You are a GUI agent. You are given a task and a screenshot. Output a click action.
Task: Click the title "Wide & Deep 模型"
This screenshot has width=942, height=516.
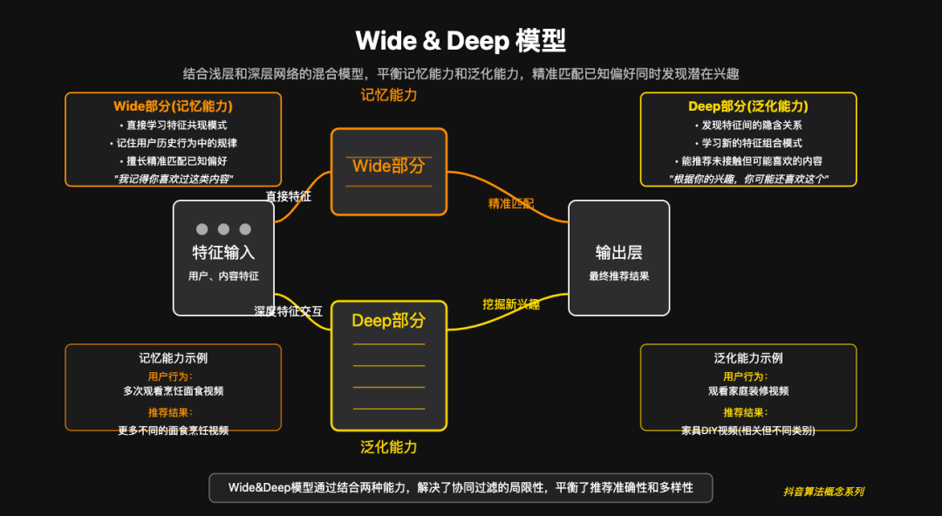pos(461,40)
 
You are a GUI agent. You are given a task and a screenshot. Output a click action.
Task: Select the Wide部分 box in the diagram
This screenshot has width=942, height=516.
pos(389,171)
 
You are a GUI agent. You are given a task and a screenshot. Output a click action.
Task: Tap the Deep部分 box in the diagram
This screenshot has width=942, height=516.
pos(389,365)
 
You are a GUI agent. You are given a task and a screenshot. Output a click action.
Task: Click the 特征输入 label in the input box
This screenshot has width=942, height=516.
pos(223,253)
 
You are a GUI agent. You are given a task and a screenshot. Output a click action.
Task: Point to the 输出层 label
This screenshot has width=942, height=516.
pos(618,253)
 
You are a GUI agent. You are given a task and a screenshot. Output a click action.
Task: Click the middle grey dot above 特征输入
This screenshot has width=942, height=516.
pos(223,229)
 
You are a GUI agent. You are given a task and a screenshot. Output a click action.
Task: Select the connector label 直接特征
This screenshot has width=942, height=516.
pos(289,197)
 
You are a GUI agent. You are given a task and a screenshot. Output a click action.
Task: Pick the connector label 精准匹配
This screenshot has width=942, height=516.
pos(511,204)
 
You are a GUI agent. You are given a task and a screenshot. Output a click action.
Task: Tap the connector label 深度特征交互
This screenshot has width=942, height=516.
pos(289,310)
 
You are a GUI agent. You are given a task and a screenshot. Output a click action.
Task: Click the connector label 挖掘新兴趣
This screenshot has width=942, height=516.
pos(511,304)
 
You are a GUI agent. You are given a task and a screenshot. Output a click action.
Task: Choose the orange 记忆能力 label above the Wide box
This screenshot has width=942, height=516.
pos(389,95)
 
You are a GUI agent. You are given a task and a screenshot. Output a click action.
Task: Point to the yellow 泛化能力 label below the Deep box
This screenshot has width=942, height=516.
pos(389,447)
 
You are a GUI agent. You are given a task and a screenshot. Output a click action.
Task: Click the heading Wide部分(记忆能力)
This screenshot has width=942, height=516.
pos(173,106)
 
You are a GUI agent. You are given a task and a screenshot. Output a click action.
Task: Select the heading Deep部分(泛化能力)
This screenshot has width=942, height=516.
pos(748,106)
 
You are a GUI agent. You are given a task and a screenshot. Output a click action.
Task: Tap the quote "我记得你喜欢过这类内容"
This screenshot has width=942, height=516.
pos(173,179)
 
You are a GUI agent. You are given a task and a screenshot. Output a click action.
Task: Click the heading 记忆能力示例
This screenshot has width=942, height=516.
pos(173,357)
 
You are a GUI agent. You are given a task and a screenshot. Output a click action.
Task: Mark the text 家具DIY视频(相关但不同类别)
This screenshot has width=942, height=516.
pos(748,430)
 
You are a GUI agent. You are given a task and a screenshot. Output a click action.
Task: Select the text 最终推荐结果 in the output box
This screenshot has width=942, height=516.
pos(618,276)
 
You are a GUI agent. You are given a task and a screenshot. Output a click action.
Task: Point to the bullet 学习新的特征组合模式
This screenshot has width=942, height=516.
pos(748,143)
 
